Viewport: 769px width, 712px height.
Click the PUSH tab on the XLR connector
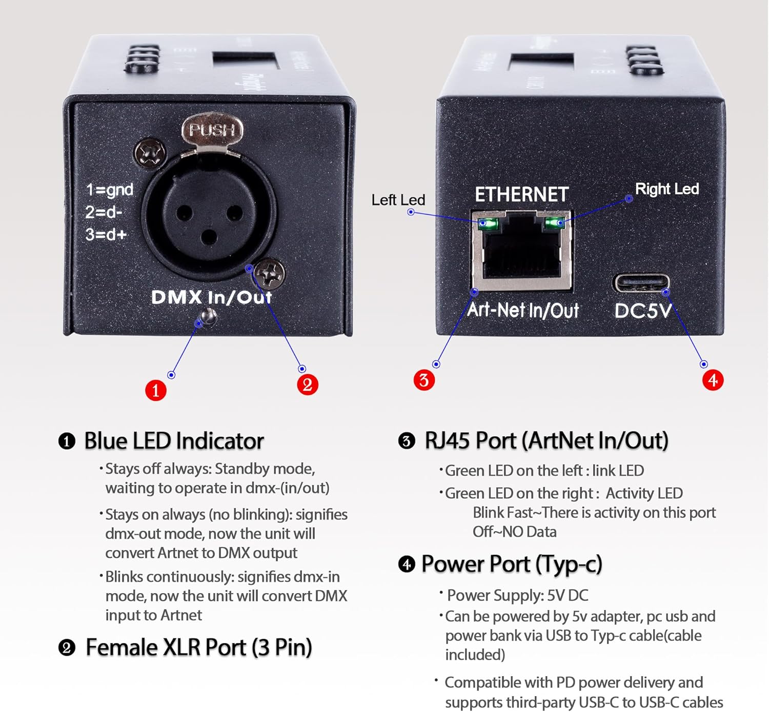[212, 130]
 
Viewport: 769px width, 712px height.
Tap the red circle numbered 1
[156, 390]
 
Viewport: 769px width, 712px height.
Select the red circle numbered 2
[308, 384]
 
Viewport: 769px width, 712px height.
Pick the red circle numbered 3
[424, 380]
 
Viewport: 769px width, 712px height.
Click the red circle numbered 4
[713, 380]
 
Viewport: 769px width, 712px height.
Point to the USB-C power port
[641, 283]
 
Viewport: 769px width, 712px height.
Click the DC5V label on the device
[643, 311]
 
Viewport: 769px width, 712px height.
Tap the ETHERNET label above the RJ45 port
[521, 195]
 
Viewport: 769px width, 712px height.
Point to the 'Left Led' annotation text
[398, 200]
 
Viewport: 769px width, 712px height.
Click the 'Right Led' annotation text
[666, 189]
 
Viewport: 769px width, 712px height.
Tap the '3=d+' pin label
[106, 234]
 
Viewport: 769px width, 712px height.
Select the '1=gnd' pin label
[110, 190]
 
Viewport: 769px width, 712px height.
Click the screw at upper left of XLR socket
[150, 153]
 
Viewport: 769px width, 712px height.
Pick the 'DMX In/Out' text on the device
[211, 297]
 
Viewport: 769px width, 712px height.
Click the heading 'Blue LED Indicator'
[174, 441]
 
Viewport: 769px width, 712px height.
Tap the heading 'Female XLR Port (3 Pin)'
[198, 647]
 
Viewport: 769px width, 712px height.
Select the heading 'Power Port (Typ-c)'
[511, 564]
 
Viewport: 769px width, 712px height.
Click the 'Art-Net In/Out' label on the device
[523, 310]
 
